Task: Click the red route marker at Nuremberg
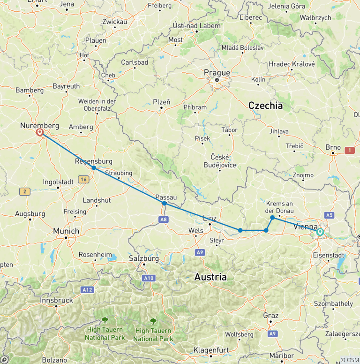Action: [x=40, y=133]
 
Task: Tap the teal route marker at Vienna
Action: [x=320, y=232]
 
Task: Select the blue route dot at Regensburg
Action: [x=94, y=168]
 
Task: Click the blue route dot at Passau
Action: [x=164, y=204]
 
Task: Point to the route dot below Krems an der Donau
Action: [x=272, y=218]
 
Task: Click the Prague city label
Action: [x=217, y=73]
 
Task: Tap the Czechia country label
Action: [x=265, y=106]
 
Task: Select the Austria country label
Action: [x=210, y=277]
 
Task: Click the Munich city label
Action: [x=66, y=231]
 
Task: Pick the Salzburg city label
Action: [x=144, y=258]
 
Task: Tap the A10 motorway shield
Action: [x=149, y=278]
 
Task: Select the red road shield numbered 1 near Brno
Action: [x=349, y=150]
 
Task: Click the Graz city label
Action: [x=270, y=315]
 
